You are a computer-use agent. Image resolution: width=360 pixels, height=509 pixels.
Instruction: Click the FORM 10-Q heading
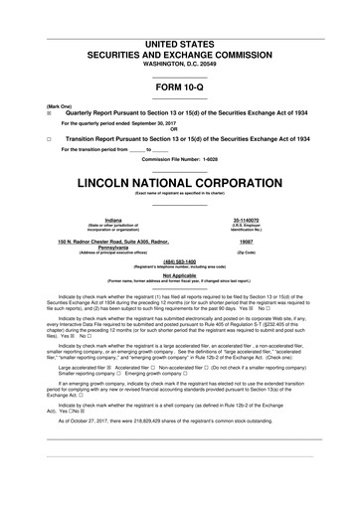(180, 86)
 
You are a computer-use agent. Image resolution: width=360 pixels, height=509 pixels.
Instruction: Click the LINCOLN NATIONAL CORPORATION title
(180, 183)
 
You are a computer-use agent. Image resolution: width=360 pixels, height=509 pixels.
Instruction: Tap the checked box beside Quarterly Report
(35, 113)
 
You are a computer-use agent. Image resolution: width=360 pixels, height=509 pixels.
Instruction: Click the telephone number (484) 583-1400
(180, 262)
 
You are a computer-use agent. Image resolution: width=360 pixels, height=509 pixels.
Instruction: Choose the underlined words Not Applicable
(180, 275)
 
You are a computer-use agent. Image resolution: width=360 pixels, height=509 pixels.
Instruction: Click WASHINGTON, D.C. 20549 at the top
(180, 65)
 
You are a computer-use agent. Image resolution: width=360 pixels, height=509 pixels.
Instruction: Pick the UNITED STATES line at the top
(180, 46)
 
